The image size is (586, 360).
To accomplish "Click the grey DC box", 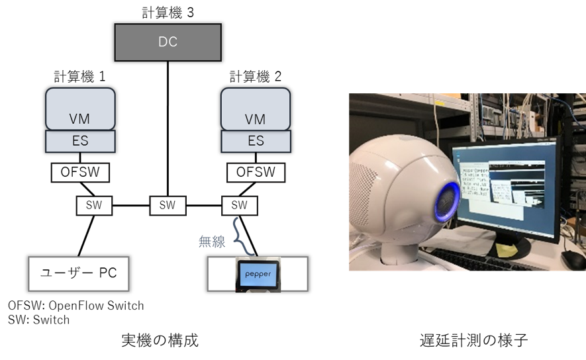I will [x=168, y=42].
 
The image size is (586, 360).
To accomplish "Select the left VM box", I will [x=80, y=109].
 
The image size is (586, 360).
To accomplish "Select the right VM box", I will [x=255, y=109].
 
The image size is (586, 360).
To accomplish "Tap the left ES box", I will [x=80, y=140].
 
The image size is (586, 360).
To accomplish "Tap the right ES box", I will [x=255, y=140].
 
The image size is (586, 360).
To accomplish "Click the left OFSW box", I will [x=80, y=173].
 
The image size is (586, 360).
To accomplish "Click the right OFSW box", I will [x=256, y=173].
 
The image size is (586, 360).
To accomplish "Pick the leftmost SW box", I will [x=94, y=205].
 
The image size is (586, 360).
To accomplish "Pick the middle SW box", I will [x=168, y=205].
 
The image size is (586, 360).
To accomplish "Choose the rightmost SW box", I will [x=239, y=205].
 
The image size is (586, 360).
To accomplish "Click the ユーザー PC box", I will [x=78, y=273].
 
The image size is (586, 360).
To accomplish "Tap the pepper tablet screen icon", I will [x=258, y=274].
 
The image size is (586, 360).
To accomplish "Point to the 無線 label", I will [x=212, y=242].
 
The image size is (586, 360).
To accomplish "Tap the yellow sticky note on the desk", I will [x=506, y=250].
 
